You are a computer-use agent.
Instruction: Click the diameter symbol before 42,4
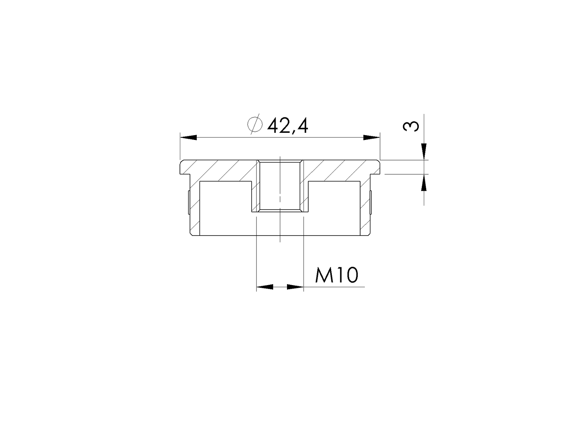point(254,124)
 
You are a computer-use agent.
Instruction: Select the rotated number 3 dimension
point(410,127)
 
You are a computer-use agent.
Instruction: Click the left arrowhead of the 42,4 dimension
point(188,138)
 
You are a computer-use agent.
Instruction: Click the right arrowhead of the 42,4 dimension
point(372,138)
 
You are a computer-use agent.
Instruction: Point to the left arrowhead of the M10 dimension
point(265,287)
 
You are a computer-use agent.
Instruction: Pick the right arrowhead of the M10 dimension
point(295,287)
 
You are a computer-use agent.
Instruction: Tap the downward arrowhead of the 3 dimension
point(424,152)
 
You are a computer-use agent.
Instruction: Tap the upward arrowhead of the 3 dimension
point(424,183)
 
